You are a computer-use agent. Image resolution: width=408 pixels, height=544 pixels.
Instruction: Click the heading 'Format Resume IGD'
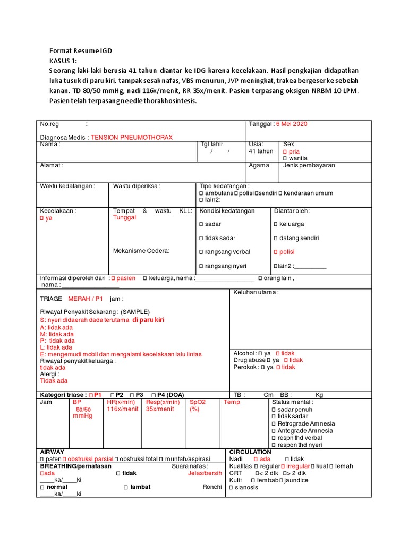(x=81, y=51)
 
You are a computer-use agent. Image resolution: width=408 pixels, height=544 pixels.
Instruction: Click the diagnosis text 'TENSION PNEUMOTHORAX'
(x=132, y=137)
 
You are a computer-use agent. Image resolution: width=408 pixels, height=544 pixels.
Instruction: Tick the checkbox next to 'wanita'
(x=285, y=158)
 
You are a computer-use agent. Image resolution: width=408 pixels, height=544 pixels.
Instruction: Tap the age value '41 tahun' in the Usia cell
(x=261, y=151)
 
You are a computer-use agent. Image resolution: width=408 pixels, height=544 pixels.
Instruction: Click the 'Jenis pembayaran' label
(x=309, y=165)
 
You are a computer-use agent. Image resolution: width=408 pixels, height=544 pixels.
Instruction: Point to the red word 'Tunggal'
(x=124, y=217)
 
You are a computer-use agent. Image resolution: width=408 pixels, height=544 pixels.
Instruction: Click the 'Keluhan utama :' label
(x=256, y=292)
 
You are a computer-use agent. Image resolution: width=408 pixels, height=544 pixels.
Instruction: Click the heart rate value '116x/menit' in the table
(x=122, y=409)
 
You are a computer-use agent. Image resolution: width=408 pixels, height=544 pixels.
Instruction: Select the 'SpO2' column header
(x=198, y=402)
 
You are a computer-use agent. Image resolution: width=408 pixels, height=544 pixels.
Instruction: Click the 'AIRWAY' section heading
(x=52, y=452)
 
